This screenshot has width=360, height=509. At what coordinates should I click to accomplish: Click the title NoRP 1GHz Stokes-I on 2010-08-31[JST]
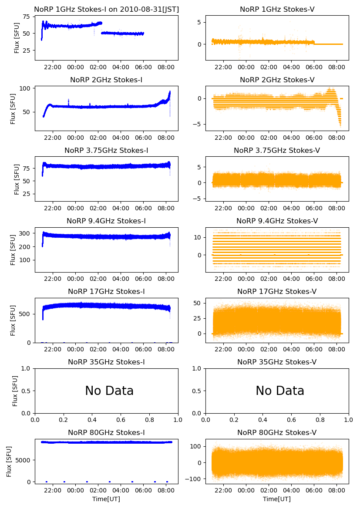(x=106, y=10)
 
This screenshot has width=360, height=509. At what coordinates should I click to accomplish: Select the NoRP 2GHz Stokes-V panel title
(x=277, y=80)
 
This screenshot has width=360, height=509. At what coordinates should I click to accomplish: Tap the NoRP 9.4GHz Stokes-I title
(x=106, y=221)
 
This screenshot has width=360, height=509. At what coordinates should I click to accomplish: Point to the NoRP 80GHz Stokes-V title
(x=277, y=433)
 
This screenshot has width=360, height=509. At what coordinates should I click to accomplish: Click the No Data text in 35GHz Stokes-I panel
(x=109, y=391)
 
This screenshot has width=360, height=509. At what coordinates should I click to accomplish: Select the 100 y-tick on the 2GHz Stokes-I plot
(x=24, y=88)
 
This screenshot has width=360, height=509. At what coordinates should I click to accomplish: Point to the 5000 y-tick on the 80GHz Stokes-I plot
(x=22, y=460)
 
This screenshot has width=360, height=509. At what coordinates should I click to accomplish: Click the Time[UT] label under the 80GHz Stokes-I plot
(x=106, y=499)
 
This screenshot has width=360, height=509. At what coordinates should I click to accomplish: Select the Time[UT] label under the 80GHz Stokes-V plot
(x=277, y=499)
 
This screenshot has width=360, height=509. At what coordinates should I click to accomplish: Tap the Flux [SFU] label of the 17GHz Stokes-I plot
(x=13, y=320)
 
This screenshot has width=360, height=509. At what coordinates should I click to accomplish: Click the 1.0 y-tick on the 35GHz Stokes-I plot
(x=26, y=368)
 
